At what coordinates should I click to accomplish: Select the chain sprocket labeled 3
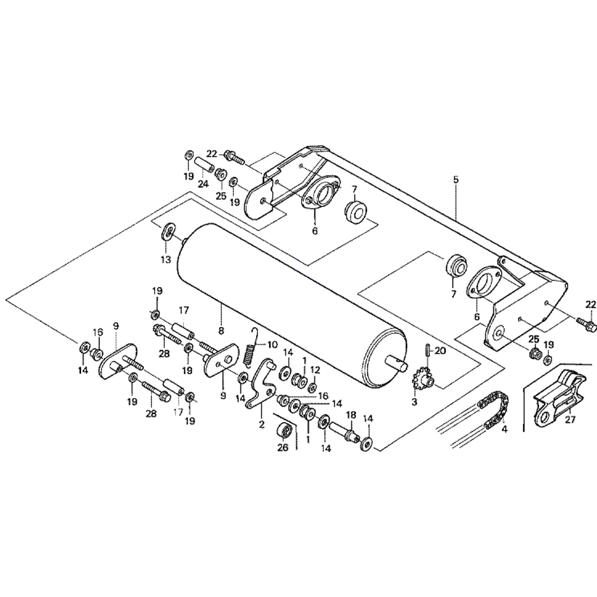[x=422, y=378]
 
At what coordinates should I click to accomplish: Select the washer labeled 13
[x=168, y=232]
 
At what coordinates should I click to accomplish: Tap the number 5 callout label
[x=457, y=179]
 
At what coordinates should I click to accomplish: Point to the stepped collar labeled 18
[x=346, y=430]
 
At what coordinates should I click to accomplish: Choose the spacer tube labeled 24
[x=204, y=162]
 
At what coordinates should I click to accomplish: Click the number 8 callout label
[x=221, y=330]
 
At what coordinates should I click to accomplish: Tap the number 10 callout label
[x=272, y=344]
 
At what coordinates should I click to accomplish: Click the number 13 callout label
[x=165, y=260]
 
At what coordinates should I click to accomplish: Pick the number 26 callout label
[x=283, y=447]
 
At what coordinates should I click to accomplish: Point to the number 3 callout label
[x=414, y=402]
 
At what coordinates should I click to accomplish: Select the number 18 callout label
[x=350, y=414]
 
